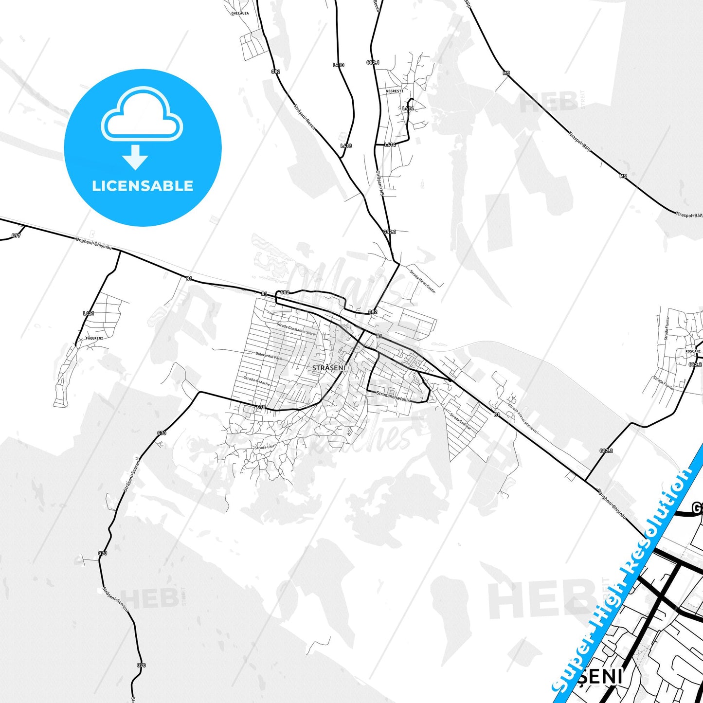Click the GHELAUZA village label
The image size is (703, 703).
point(240,13)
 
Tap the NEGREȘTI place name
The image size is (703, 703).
point(395,91)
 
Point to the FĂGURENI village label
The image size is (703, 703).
point(94,338)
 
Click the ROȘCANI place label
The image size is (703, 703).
point(693,351)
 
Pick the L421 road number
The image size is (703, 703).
point(88,313)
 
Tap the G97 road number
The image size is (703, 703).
point(16,236)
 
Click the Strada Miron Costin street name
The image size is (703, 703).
point(422,281)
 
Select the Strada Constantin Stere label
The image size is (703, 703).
point(296,329)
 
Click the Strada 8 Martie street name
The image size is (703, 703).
point(257,381)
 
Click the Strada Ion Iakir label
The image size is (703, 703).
point(393,397)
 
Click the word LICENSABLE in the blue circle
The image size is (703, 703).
point(143,186)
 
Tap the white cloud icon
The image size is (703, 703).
point(142,114)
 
